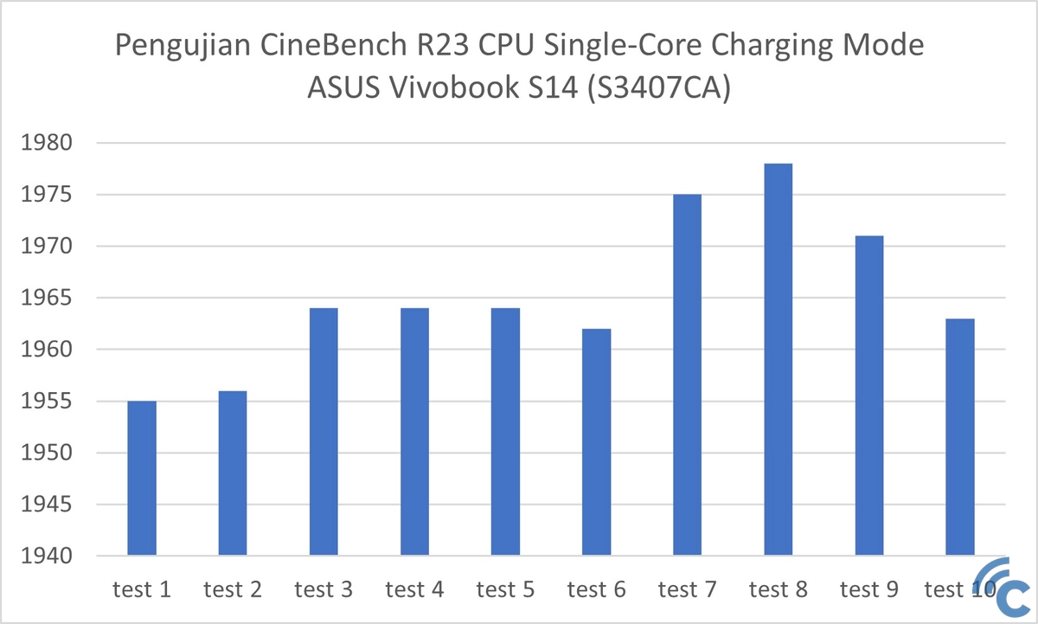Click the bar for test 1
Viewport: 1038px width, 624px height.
point(142,478)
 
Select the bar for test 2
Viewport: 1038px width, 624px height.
point(233,473)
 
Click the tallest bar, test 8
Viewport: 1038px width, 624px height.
point(778,359)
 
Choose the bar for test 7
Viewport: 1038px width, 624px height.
point(688,375)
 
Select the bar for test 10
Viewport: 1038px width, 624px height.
point(960,437)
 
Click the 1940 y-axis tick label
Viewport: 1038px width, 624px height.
point(49,556)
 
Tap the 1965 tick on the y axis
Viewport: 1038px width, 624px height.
point(49,299)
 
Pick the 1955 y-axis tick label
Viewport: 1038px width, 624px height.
point(49,402)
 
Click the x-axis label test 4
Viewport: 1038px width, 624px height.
point(415,590)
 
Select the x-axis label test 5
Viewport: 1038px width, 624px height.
point(506,590)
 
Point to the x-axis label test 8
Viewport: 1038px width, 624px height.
point(778,590)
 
